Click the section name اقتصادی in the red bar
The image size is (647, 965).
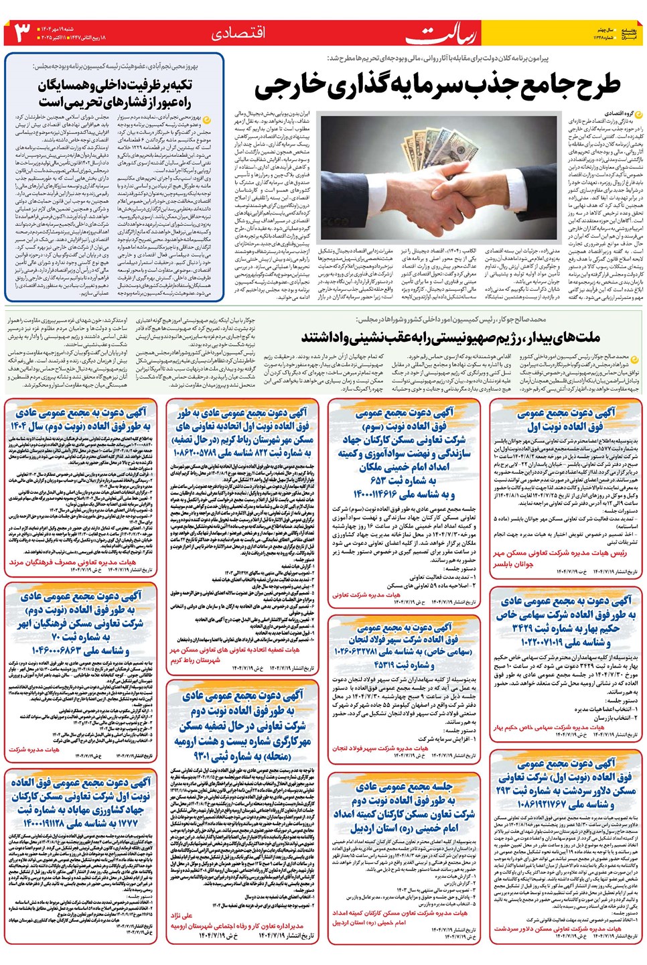click(x=238, y=32)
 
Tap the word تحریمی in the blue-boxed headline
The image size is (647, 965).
click(x=77, y=102)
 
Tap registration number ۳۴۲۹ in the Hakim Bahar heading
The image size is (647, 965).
click(x=532, y=628)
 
